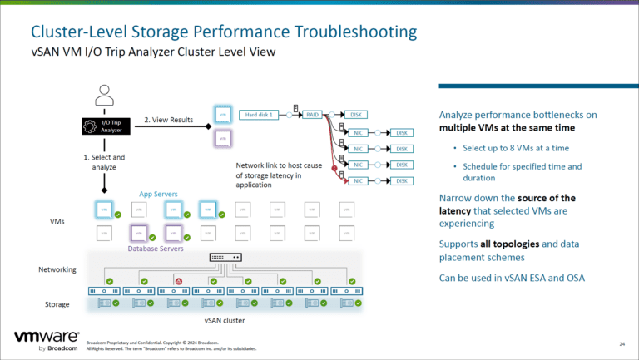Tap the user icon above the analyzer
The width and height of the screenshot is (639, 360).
104,95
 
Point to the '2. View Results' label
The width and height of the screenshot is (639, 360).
171,118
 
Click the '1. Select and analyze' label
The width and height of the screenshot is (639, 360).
104,161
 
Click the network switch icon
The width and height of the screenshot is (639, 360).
225,258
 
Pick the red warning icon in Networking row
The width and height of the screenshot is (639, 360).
178,281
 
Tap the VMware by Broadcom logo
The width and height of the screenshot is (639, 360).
47,341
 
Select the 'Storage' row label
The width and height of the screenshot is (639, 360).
56,304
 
